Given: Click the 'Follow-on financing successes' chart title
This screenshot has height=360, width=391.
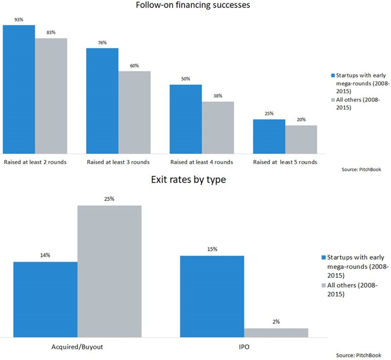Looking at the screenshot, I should (193, 5).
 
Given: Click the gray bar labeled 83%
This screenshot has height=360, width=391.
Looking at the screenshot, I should (51, 96).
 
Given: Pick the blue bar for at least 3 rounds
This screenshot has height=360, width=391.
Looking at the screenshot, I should (102, 101).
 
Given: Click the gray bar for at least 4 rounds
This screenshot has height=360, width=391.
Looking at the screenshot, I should (218, 127).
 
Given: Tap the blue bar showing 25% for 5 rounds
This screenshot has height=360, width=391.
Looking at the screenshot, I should (269, 136).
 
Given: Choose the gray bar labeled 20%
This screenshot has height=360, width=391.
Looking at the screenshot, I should (301, 139).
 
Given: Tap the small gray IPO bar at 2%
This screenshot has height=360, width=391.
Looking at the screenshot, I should (276, 333).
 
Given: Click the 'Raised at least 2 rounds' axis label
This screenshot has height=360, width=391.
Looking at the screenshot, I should (35, 162).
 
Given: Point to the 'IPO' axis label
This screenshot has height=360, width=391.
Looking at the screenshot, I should (244, 347).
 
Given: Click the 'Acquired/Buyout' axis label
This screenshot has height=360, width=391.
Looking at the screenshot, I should (78, 347).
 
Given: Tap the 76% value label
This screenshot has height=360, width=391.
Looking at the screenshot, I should (102, 43).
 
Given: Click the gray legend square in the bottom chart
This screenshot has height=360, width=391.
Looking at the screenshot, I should (323, 286).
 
